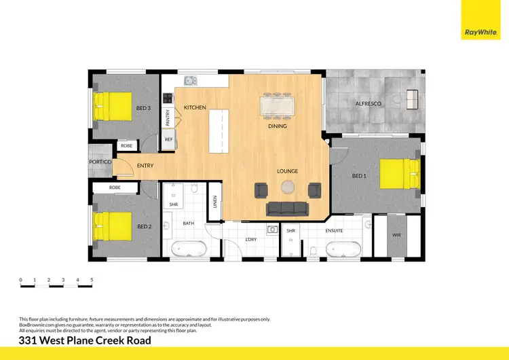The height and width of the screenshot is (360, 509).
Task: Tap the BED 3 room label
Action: (143, 108)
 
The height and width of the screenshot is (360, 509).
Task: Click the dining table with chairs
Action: (278, 106)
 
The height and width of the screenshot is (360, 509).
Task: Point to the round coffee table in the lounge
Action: (288, 188)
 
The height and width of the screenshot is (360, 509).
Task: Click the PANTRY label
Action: (168, 118)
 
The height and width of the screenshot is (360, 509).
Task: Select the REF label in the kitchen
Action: (169, 140)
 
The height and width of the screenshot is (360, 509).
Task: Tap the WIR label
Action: (396, 235)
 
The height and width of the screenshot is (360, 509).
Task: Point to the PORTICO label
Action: (100, 162)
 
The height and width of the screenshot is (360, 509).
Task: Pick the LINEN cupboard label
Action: (215, 202)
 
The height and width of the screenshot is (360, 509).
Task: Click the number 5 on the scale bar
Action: (92, 279)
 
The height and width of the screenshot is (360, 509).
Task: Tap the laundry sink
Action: (273, 229)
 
